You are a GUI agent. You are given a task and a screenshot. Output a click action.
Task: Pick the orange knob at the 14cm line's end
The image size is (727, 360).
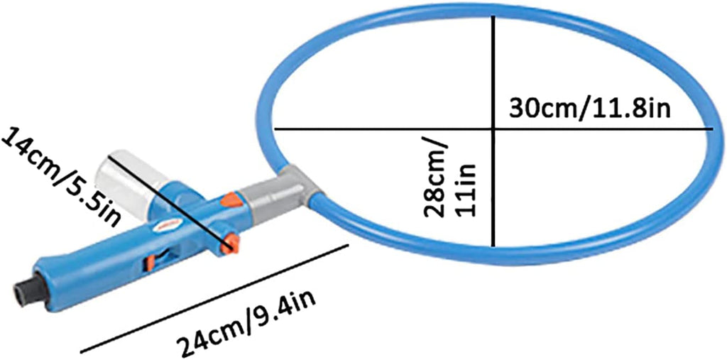click(229, 245)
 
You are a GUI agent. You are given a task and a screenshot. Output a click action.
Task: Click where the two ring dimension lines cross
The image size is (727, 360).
click(494, 129)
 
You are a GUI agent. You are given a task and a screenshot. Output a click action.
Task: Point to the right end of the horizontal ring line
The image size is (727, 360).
click(712, 129)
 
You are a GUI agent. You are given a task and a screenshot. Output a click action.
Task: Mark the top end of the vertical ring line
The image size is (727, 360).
click(494, 13)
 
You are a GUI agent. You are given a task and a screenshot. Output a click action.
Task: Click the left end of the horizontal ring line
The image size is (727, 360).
click(274, 129)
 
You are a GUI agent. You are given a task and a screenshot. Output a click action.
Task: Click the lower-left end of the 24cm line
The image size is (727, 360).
click(82, 351)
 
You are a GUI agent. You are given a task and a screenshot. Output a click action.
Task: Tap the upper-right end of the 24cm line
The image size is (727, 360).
click(347, 246)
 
